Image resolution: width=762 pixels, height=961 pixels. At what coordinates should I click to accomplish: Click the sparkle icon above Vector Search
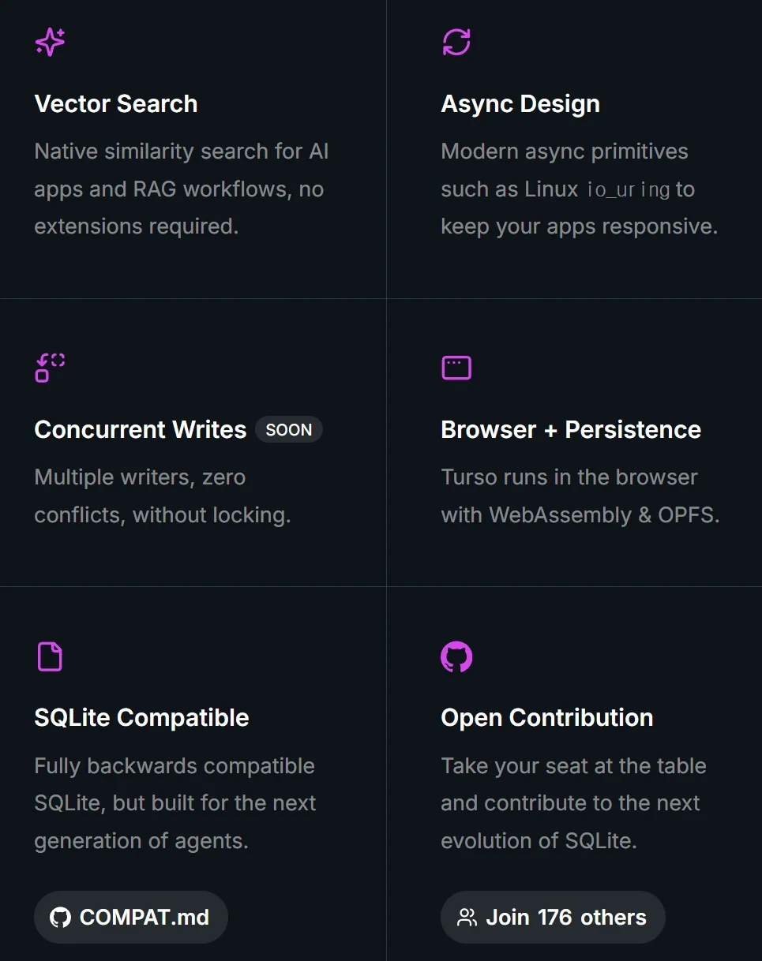tap(50, 42)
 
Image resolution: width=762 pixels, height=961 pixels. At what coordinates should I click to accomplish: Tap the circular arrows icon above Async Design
tap(456, 42)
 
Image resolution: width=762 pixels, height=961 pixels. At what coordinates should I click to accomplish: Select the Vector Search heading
tap(116, 104)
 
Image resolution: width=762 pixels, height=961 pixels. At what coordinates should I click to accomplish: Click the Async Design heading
tap(520, 104)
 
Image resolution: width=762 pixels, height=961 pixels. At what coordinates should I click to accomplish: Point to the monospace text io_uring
tap(629, 190)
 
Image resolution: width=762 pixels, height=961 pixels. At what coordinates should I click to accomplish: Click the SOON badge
tap(289, 430)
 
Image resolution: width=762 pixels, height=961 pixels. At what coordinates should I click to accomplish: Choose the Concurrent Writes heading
tap(141, 430)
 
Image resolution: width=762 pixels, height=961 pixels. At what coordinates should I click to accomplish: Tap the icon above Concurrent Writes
tap(50, 368)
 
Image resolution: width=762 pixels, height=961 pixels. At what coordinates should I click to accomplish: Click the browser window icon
tap(456, 368)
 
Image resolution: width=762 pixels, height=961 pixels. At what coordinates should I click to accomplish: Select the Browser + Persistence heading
tap(571, 430)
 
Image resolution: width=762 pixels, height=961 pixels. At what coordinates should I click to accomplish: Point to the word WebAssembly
tap(561, 515)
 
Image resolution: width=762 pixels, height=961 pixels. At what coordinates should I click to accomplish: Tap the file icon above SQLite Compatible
tap(50, 656)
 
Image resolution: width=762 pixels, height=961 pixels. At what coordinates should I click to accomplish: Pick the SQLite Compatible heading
tap(142, 718)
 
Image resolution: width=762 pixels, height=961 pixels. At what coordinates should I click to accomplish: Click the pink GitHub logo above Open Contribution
tap(456, 656)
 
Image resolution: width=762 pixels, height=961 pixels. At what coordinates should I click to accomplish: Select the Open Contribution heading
tap(547, 718)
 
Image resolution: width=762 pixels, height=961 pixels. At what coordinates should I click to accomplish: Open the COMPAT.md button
tap(131, 918)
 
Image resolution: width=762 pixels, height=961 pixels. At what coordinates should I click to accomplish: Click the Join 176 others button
tap(553, 918)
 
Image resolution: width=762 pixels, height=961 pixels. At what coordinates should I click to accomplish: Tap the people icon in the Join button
tap(467, 918)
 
